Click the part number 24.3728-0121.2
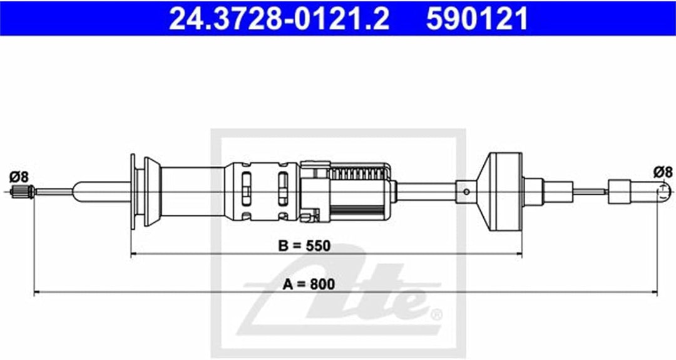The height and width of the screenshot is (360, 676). click(279, 19)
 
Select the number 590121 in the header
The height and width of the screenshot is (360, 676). click(477, 19)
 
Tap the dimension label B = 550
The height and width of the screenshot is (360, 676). click(304, 246)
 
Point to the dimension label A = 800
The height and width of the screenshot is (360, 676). click(308, 284)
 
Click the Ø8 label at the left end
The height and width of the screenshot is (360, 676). click(19, 177)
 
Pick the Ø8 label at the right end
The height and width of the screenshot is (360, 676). click(663, 172)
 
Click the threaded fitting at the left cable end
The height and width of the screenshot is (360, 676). click(23, 191)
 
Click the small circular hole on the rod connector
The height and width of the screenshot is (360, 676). click(466, 192)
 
